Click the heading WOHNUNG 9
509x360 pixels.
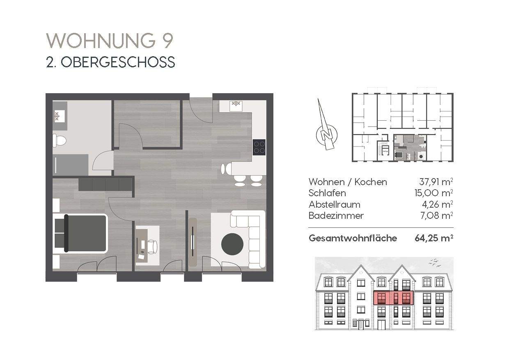coord(110,41)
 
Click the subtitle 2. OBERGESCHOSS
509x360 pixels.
coord(110,62)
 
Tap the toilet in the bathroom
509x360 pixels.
coord(60,140)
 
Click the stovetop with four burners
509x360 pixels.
coord(259,147)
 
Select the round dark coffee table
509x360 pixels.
coord(232,244)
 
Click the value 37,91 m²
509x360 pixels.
coord(434,182)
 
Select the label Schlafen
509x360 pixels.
coord(327,193)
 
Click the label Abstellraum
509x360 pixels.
coord(335,204)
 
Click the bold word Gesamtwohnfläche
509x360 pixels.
coord(353,238)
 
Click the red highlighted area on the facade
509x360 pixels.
coord(393,298)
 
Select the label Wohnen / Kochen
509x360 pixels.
coord(348,182)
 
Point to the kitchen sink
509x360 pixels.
coord(236,105)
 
